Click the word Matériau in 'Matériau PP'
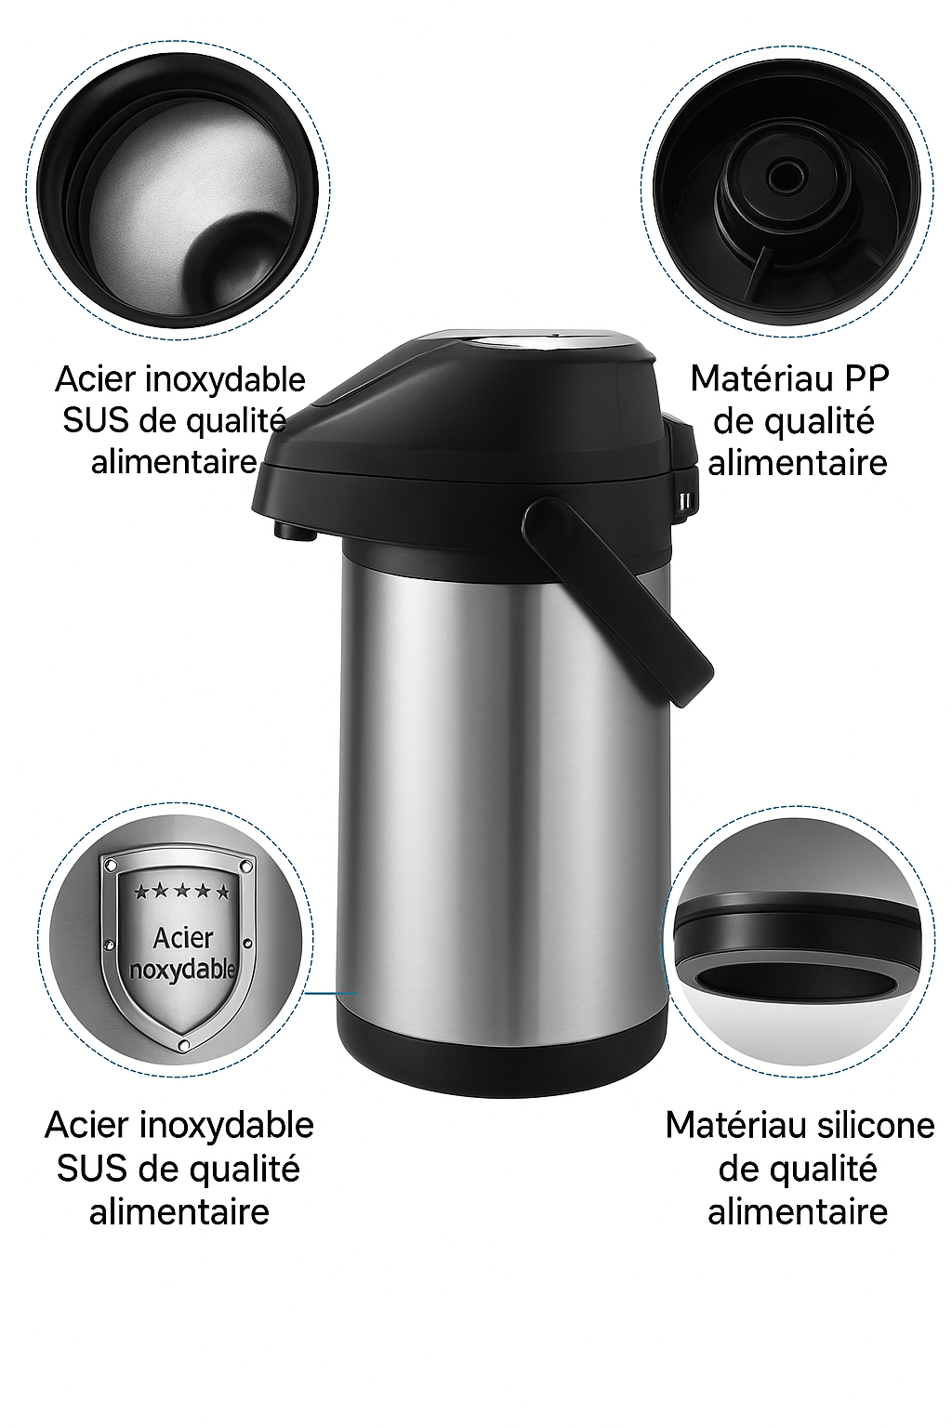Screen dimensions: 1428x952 760,378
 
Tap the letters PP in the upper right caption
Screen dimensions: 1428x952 866,378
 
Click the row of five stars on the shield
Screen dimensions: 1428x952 181,892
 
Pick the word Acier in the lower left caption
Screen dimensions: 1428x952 86,1126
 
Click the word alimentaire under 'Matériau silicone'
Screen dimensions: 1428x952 797,1211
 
